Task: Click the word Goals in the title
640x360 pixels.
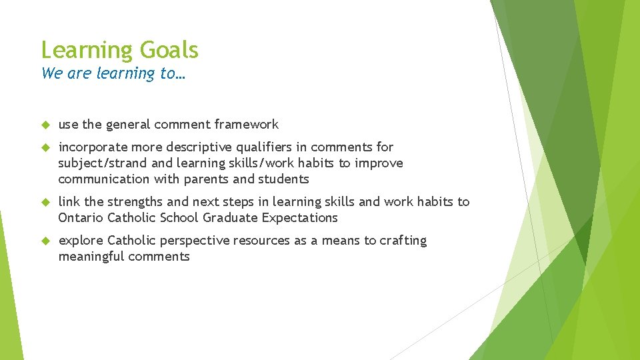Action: (x=169, y=51)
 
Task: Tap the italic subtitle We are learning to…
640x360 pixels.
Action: (x=113, y=73)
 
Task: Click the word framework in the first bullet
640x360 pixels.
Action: (x=247, y=124)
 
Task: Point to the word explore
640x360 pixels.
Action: (x=81, y=240)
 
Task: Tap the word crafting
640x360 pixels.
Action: (x=403, y=240)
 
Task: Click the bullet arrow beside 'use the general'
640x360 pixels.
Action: (x=46, y=125)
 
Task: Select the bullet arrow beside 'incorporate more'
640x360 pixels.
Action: (x=46, y=147)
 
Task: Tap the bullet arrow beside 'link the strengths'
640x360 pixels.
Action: (x=46, y=202)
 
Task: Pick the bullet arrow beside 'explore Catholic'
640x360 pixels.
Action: (x=46, y=241)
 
